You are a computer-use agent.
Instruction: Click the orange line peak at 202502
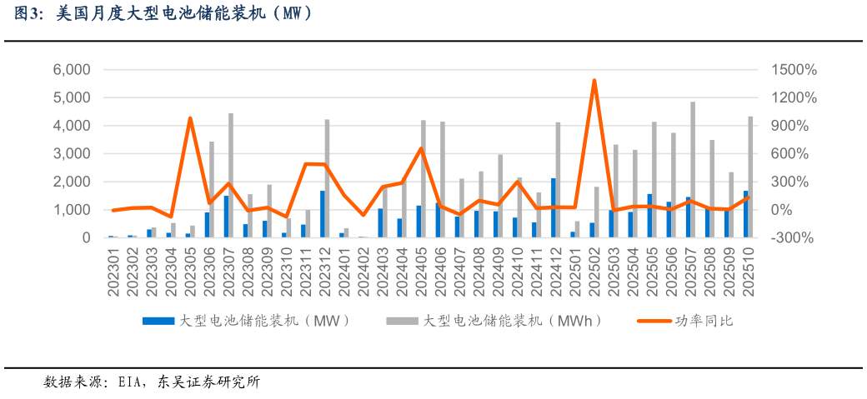[x=594, y=81]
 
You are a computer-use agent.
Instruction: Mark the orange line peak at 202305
[x=190, y=118]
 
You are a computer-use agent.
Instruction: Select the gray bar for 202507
[x=693, y=171]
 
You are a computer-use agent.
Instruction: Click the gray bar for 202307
[x=231, y=175]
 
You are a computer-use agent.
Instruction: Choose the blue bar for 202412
[x=553, y=208]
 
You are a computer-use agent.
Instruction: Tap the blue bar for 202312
[x=323, y=214]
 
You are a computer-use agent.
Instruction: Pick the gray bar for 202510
[x=750, y=177]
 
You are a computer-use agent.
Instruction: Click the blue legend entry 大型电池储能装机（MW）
[x=246, y=320]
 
